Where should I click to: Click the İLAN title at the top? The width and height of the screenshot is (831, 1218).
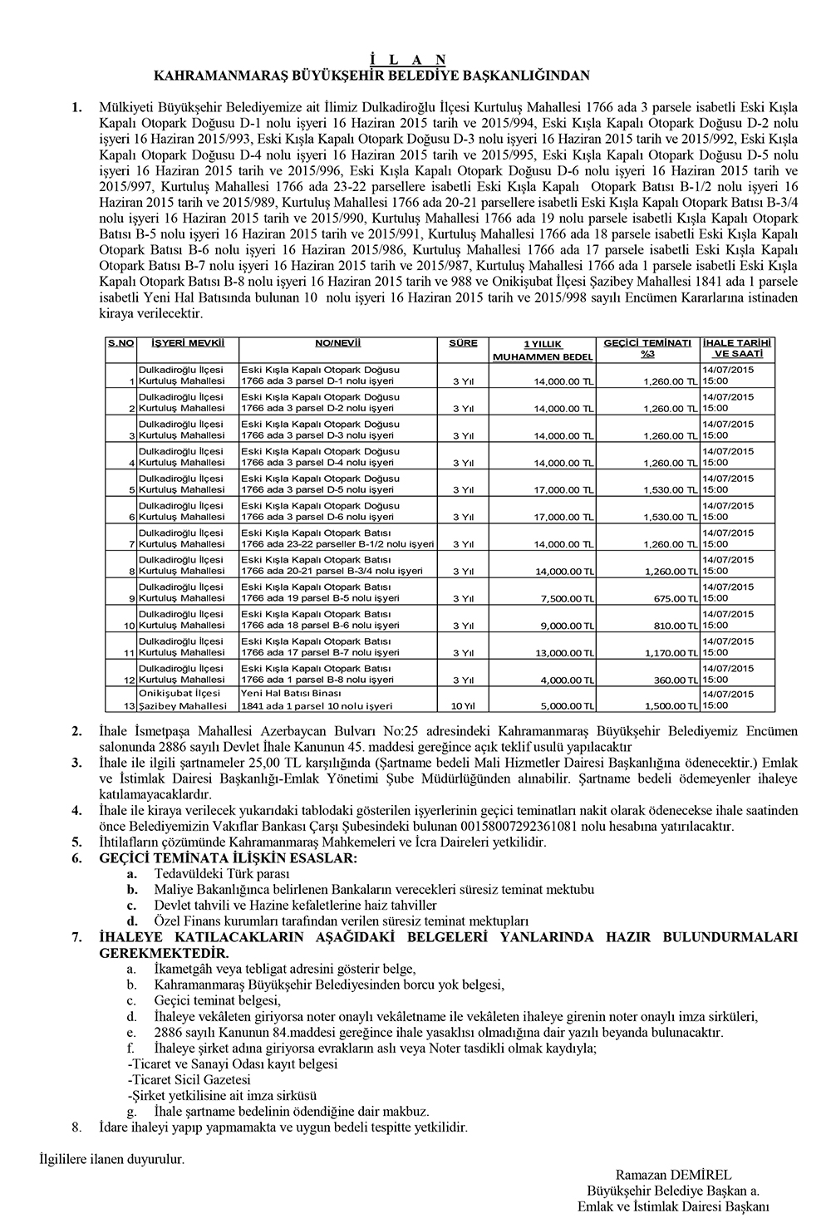pos(407,59)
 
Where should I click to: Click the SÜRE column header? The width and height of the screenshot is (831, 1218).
pos(463,342)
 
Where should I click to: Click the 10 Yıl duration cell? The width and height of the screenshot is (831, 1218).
pos(463,706)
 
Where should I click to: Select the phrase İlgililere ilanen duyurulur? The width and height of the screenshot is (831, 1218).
pos(112,1157)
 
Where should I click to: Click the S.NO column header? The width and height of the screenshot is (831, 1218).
pos(120,342)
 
